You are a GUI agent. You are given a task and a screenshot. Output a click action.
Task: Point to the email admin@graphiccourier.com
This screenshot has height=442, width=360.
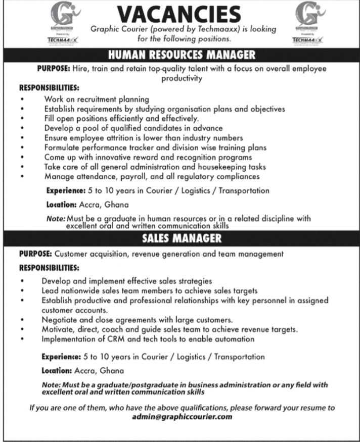(182, 417)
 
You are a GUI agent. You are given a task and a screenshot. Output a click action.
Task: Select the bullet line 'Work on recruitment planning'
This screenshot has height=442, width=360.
(97, 99)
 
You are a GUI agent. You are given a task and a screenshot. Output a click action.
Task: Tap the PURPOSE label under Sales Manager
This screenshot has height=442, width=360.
(36, 254)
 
